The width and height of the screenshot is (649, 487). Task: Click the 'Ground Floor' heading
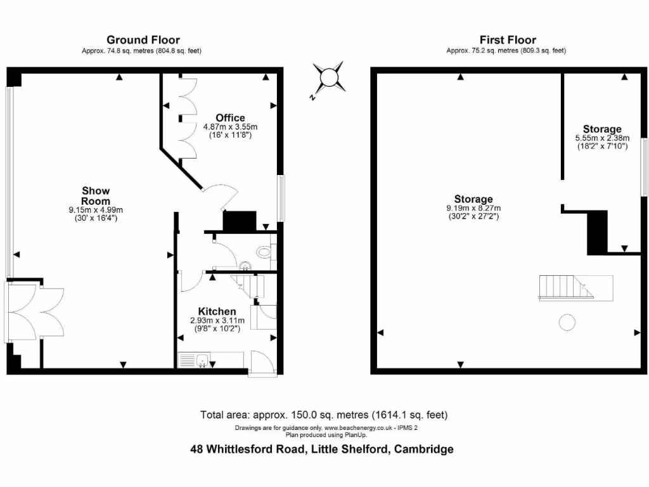(143, 40)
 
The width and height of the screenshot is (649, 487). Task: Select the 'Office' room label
(230, 118)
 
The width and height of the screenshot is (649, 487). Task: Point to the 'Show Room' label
(96, 195)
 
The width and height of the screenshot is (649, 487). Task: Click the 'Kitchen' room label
(217, 311)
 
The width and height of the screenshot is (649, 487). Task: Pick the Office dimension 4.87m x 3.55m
(230, 127)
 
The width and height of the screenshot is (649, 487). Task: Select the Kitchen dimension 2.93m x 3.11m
(217, 321)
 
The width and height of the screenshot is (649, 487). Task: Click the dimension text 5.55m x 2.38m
(602, 138)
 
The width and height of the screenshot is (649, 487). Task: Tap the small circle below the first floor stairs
(567, 322)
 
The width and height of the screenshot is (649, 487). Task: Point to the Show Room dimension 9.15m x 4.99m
(96, 210)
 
